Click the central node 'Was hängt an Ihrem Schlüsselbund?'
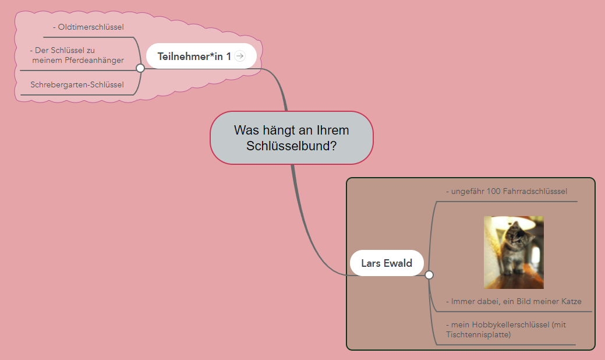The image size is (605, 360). [291, 137]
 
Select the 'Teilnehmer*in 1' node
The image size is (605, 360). [194, 56]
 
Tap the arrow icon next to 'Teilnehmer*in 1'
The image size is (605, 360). [240, 56]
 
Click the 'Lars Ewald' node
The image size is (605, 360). [386, 263]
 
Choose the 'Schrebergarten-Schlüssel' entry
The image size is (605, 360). [77, 85]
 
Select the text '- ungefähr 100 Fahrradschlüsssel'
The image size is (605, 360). [506, 191]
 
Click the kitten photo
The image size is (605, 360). [514, 252]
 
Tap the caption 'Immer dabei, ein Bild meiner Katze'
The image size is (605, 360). [516, 301]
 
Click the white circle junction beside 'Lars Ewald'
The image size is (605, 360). [429, 275]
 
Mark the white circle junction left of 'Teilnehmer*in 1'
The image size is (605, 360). [140, 68]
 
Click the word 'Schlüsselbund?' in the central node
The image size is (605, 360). [291, 146]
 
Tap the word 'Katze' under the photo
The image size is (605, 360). [569, 301]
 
